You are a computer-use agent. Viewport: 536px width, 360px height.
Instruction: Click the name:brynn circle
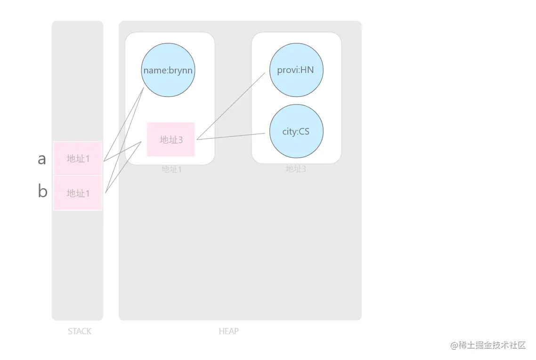(168, 70)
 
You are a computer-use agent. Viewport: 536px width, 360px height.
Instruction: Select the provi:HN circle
(296, 70)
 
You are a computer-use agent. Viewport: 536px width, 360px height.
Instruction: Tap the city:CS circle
(296, 131)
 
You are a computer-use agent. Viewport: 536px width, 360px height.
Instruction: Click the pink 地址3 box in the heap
(171, 139)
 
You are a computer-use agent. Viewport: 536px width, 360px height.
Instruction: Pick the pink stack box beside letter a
(78, 159)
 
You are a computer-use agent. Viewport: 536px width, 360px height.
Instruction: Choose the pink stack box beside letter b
(78, 193)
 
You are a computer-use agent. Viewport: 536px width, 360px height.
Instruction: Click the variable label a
(42, 159)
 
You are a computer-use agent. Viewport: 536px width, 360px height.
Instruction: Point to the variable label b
(42, 192)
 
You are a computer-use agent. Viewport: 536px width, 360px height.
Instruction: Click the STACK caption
(80, 331)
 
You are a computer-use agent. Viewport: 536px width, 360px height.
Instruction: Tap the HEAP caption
(229, 331)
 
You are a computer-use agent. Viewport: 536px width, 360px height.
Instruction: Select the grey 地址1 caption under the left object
(171, 169)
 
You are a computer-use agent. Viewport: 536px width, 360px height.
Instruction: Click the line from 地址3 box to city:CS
(231, 136)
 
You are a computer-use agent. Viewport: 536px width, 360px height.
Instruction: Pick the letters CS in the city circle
(304, 131)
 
